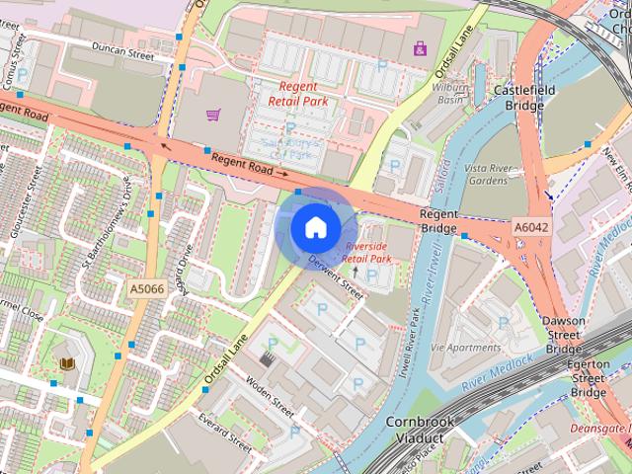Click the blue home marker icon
[314, 227]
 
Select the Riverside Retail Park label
[367, 252]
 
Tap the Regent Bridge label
[438, 221]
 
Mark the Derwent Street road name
[339, 276]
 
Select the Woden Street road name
[270, 393]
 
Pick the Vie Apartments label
[465, 348]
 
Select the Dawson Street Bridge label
[564, 335]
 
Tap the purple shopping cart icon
[212, 115]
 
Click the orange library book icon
[67, 364]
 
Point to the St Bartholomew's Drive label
[106, 226]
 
